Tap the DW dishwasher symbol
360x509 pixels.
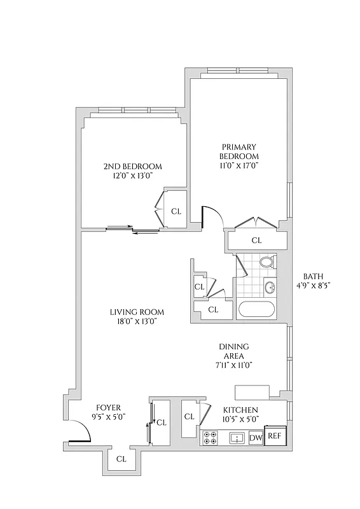point(256,438)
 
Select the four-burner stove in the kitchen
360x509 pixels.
point(210,438)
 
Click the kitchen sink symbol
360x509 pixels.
point(237,438)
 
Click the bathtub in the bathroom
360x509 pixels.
point(256,310)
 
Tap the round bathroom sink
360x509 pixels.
point(270,287)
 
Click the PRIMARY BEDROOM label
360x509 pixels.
point(239,151)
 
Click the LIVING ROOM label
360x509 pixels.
point(136,312)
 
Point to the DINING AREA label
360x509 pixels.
point(233,351)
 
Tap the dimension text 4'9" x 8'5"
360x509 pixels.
point(312,286)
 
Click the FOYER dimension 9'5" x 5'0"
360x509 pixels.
point(108,417)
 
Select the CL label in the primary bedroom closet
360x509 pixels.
point(256,241)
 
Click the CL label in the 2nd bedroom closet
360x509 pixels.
point(176,211)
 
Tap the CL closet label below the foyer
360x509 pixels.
point(121,458)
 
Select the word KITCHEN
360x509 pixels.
point(240,410)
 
